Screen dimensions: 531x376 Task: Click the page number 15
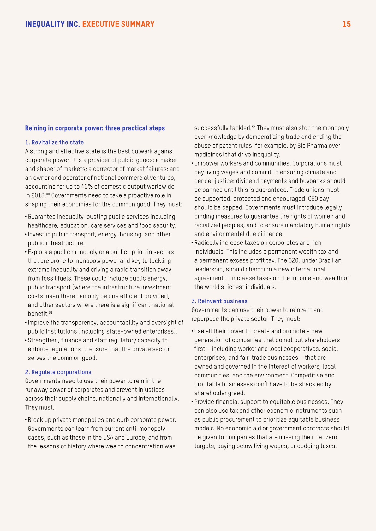click(346, 24)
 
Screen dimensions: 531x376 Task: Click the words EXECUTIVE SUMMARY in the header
click(118, 24)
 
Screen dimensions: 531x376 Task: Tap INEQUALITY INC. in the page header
click(52, 24)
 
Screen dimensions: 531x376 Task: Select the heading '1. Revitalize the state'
click(54, 143)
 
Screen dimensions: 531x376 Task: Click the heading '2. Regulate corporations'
click(58, 372)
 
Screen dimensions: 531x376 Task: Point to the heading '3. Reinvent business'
click(219, 301)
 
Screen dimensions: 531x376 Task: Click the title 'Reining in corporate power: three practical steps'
click(95, 128)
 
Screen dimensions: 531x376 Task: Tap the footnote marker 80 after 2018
click(48, 194)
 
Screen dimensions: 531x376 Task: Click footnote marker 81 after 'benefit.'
click(51, 312)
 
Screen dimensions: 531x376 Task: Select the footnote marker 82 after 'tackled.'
click(254, 127)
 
